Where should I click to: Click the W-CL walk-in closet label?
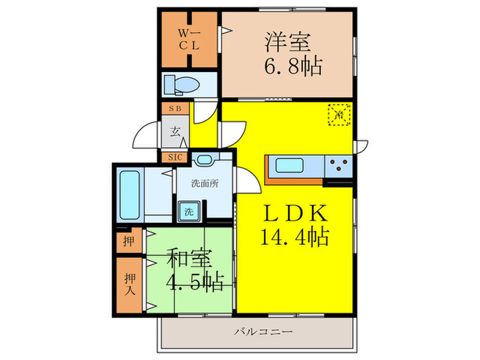pyautogui.click(x=189, y=40)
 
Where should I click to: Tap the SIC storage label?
pyautogui.click(x=175, y=157)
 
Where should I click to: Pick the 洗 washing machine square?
pyautogui.click(x=188, y=211)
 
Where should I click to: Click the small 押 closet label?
pyautogui.click(x=129, y=241)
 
